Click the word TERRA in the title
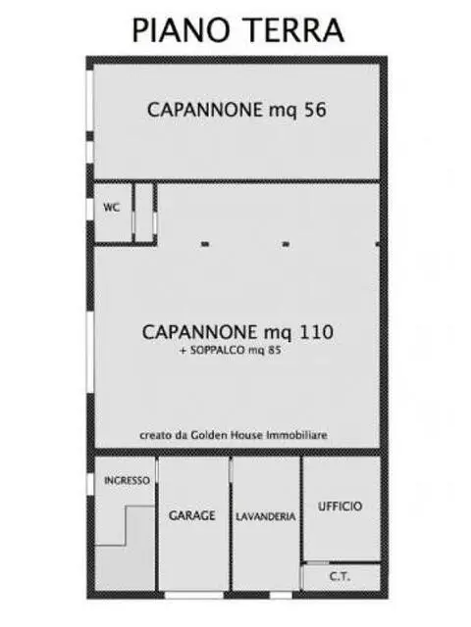(x=296, y=29)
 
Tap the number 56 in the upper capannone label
(x=315, y=110)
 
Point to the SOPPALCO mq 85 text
(x=231, y=351)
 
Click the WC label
(x=111, y=208)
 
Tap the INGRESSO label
(x=127, y=480)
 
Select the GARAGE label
(x=192, y=515)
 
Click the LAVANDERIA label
(x=266, y=516)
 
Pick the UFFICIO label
(x=340, y=506)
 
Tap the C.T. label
(x=340, y=577)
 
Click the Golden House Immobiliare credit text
(x=234, y=435)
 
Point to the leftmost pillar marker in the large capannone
(x=205, y=244)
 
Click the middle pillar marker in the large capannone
(x=286, y=244)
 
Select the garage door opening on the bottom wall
(x=194, y=595)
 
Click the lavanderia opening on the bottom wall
(x=281, y=595)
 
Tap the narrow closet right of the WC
(x=144, y=213)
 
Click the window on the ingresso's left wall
(x=90, y=484)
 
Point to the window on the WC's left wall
(x=90, y=208)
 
